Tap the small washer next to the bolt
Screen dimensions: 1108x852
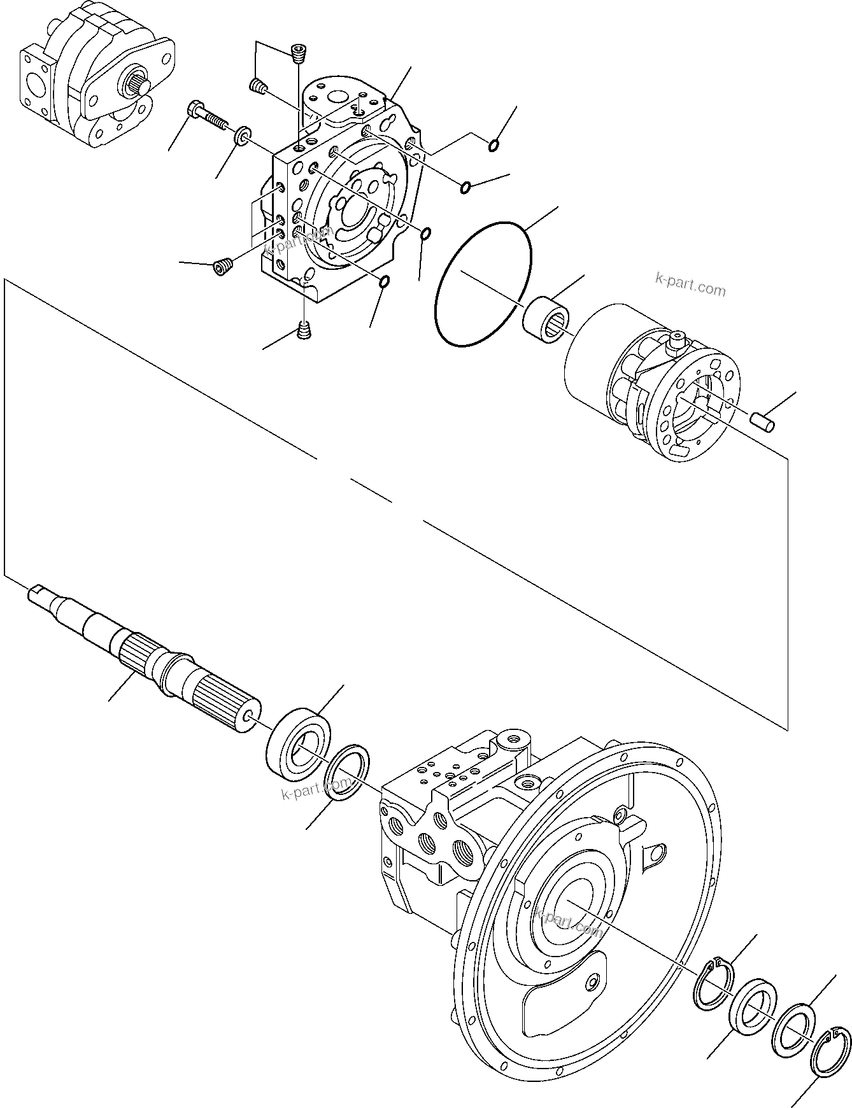click(x=243, y=136)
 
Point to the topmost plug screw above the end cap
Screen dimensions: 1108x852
click(x=297, y=53)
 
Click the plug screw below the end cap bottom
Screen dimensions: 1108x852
click(x=305, y=330)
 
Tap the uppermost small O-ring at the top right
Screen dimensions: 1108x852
click(x=493, y=148)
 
